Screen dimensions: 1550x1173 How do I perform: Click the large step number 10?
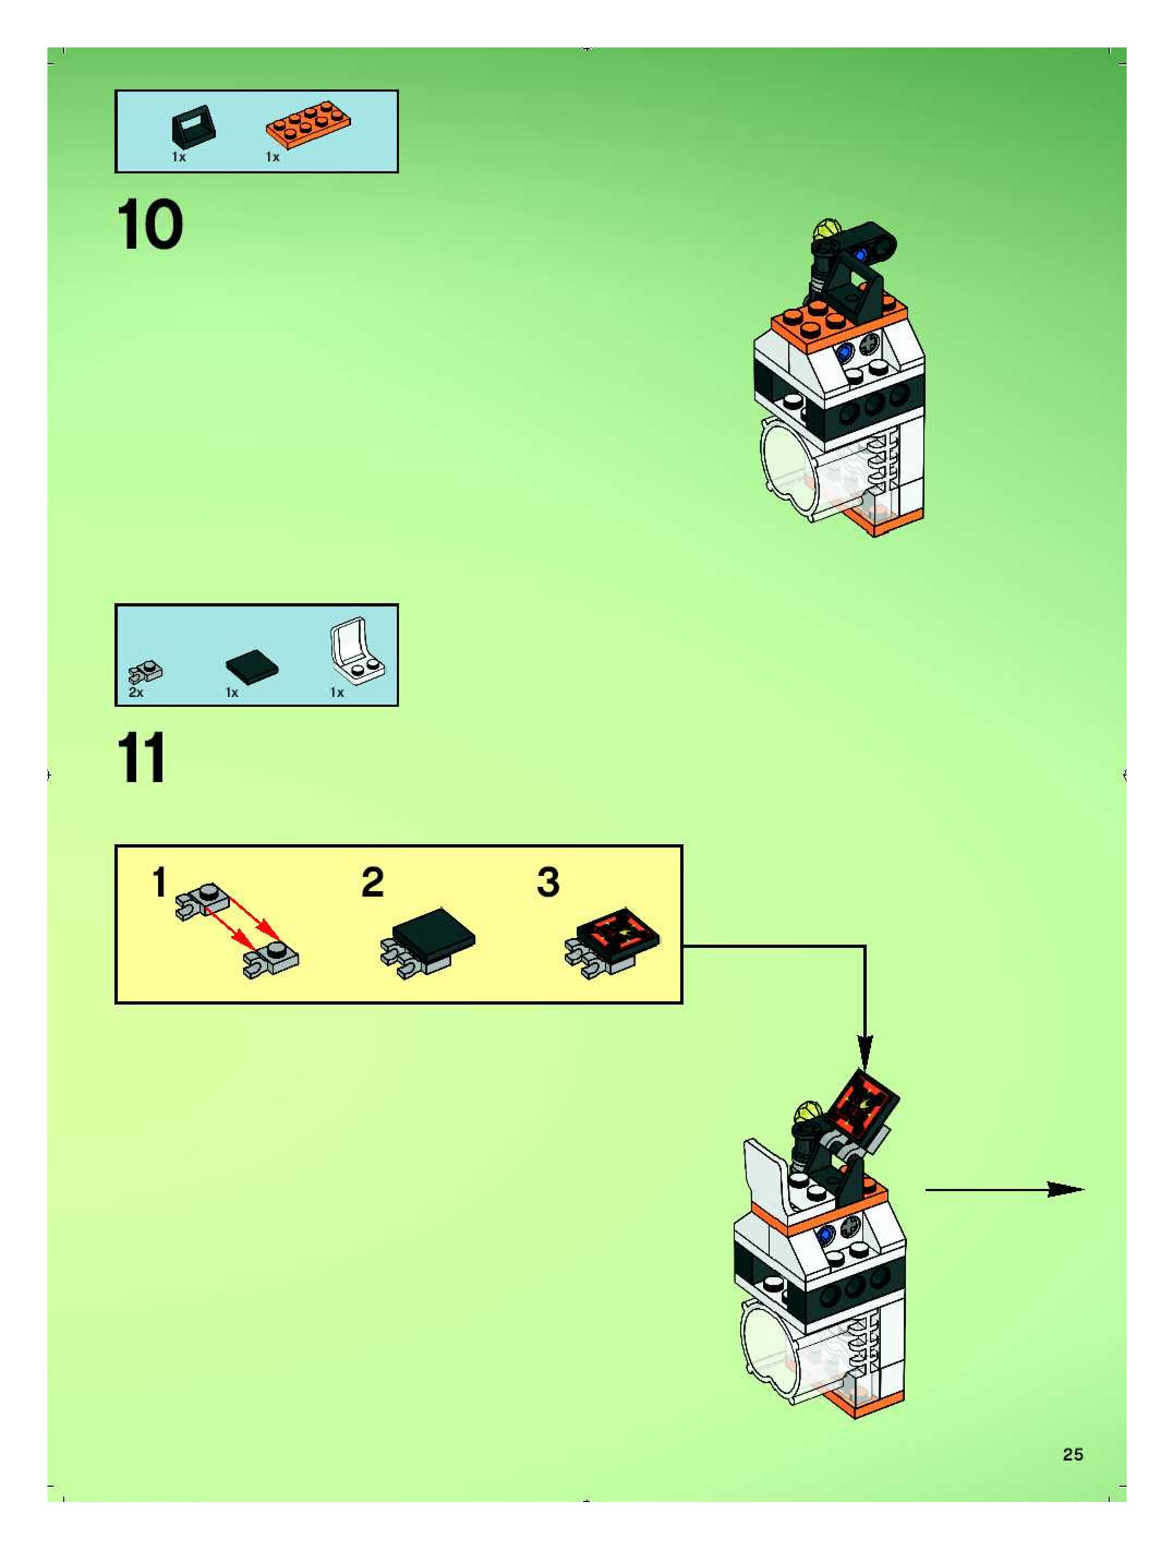[150, 224]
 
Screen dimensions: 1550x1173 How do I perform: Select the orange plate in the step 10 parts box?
[309, 125]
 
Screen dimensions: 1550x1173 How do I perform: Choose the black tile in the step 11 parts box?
[252, 664]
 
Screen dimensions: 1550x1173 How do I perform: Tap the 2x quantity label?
[136, 692]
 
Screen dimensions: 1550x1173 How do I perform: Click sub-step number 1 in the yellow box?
[160, 882]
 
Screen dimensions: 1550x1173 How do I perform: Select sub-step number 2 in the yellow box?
[373, 882]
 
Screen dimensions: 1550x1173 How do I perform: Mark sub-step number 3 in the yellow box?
[548, 882]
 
